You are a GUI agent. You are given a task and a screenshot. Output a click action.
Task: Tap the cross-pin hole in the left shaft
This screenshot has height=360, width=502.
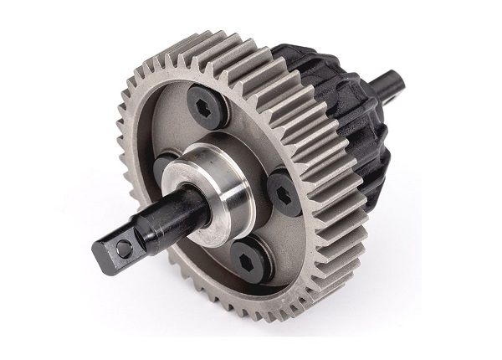pos(123,249)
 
